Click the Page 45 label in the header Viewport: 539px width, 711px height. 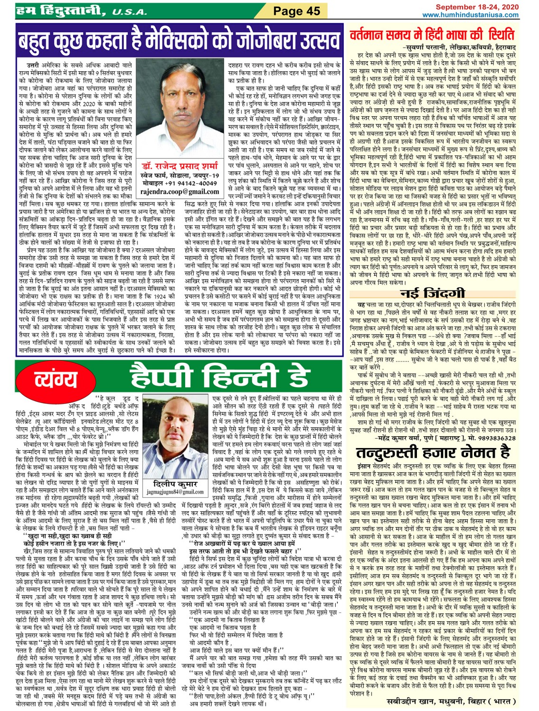coord(297,10)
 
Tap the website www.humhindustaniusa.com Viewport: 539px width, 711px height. coord(470,15)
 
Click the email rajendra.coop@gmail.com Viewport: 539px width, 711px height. coord(180,191)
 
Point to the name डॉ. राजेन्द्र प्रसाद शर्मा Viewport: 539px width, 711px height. coord(180,166)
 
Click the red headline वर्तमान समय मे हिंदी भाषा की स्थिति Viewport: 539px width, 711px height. coord(432,35)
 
